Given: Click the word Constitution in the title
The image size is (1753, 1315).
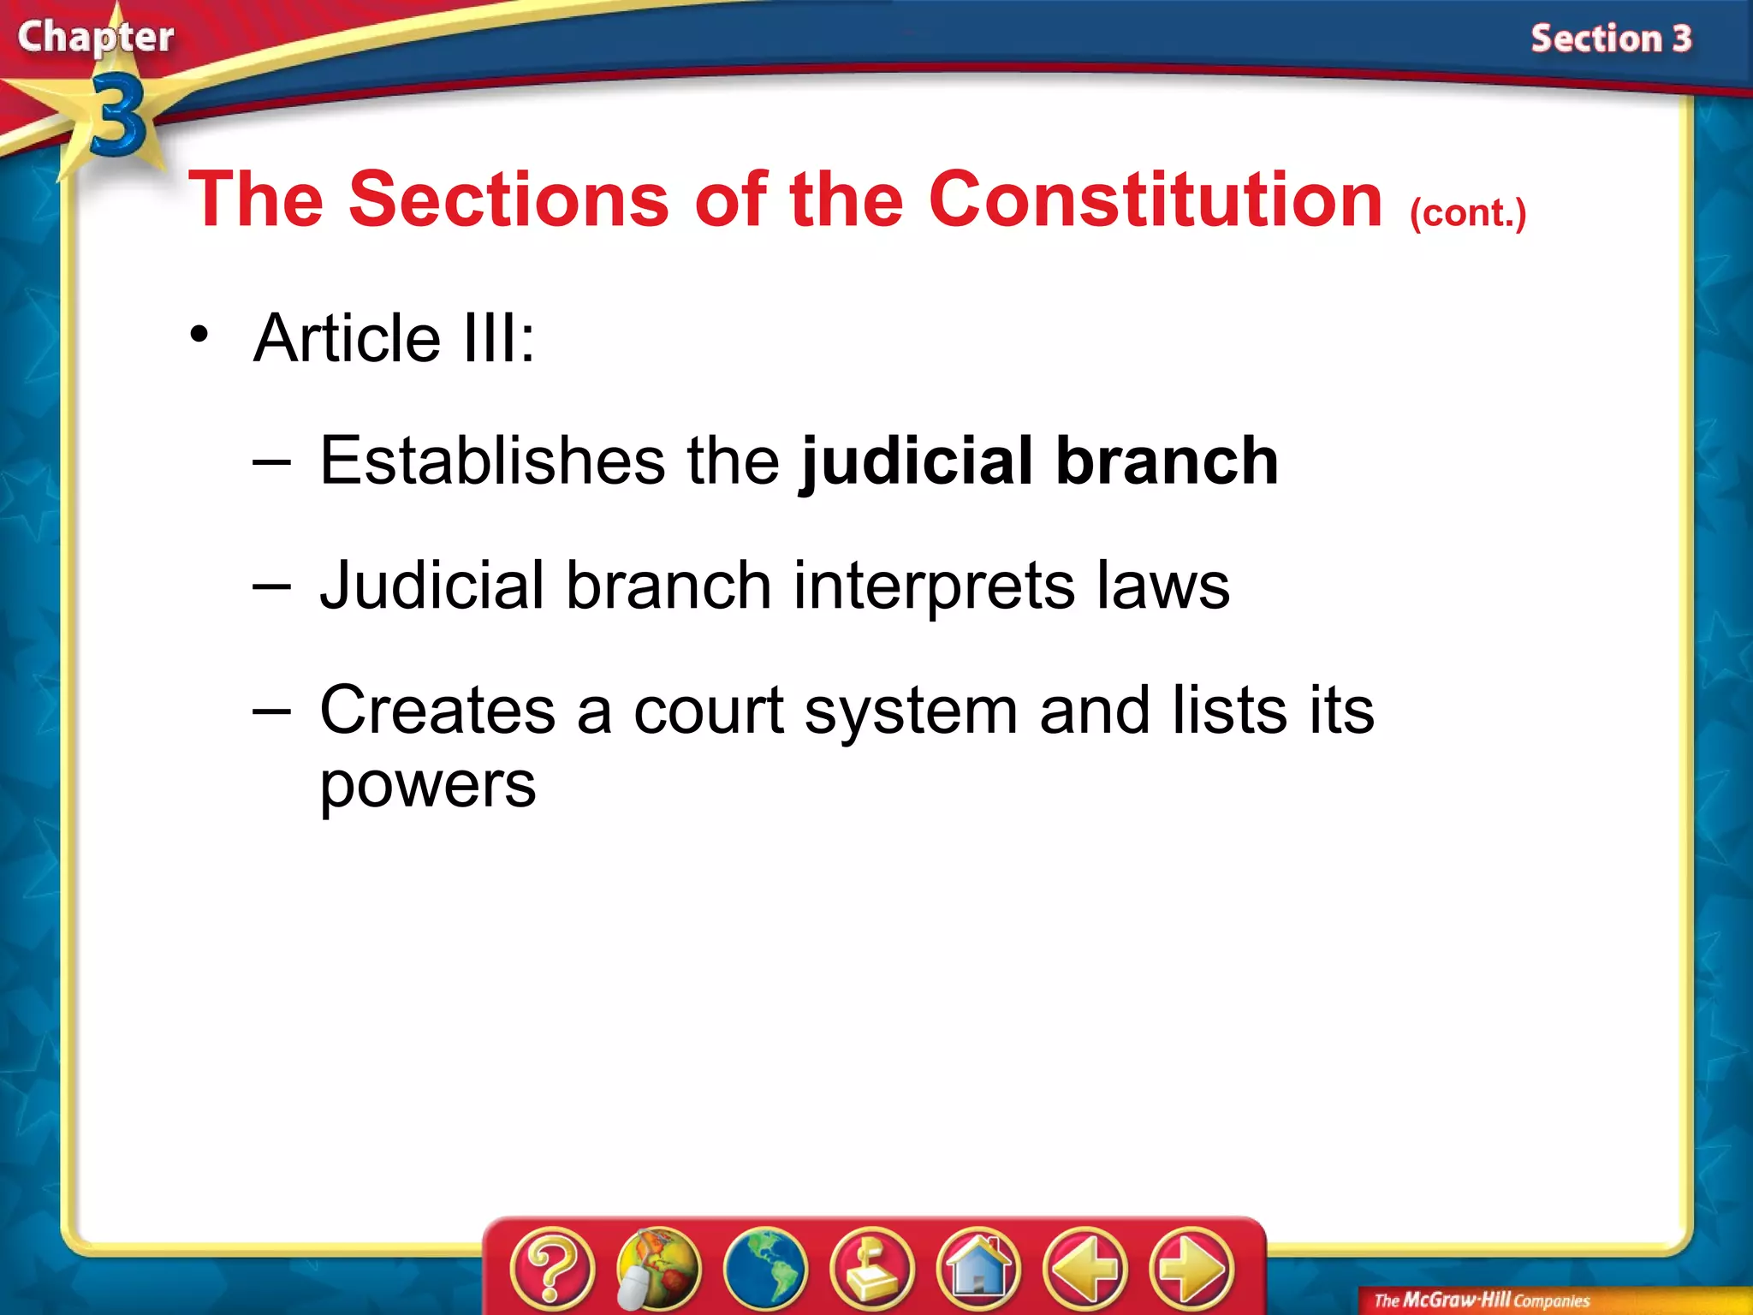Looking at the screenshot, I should [x=1156, y=199].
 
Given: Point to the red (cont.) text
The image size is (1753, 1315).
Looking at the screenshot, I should [x=1468, y=212].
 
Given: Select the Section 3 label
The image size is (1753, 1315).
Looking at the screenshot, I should [x=1611, y=39].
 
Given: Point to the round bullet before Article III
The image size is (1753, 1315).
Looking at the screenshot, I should [x=199, y=335].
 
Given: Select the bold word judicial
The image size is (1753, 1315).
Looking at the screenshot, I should [x=917, y=461].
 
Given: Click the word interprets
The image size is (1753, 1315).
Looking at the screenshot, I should [x=934, y=586].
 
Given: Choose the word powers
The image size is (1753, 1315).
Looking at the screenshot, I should [x=428, y=784].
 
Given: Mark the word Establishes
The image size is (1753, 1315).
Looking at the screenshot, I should [x=491, y=461].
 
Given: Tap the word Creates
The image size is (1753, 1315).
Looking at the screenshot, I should [x=437, y=710].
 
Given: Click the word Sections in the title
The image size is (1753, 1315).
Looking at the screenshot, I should [x=509, y=199].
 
